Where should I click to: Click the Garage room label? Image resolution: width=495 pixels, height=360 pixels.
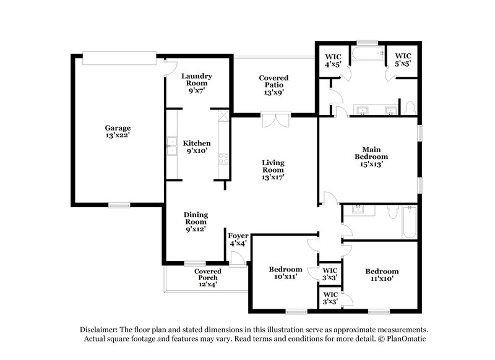tap(117, 132)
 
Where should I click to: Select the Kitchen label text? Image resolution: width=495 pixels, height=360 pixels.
tap(197, 147)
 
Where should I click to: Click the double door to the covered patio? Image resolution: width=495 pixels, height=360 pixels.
tap(273, 119)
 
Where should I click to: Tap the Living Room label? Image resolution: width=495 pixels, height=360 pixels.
tap(273, 170)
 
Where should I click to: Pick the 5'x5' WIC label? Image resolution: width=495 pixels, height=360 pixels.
tap(403, 59)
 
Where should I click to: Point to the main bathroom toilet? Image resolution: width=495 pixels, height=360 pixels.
tap(410, 108)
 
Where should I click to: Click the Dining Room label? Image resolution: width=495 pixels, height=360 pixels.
tap(196, 221)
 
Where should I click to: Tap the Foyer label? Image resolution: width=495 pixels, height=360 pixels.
tap(238, 239)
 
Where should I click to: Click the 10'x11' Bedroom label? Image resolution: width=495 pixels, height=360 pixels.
tap(285, 273)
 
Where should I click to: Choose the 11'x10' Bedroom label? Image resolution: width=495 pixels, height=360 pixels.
tap(382, 275)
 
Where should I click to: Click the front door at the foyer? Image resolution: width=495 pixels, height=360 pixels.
tap(237, 260)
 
